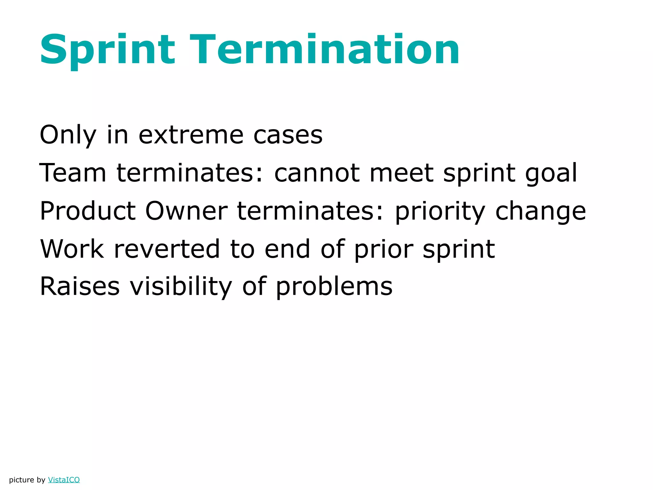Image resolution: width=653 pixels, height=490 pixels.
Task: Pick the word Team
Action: point(73,173)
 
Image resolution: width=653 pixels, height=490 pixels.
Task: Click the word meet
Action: point(401,173)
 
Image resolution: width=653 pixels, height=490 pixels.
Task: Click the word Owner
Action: point(186,211)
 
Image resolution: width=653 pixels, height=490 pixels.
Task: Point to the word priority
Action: point(440,212)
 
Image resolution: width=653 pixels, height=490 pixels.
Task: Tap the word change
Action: point(541,212)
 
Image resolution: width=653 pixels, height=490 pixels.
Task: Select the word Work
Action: point(72,249)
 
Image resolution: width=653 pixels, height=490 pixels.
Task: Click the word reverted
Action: point(167,249)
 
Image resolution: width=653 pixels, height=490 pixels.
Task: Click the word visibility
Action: point(181,286)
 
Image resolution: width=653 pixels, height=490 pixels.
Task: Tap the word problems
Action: point(334,287)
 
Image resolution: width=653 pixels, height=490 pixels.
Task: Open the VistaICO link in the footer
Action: point(64,480)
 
